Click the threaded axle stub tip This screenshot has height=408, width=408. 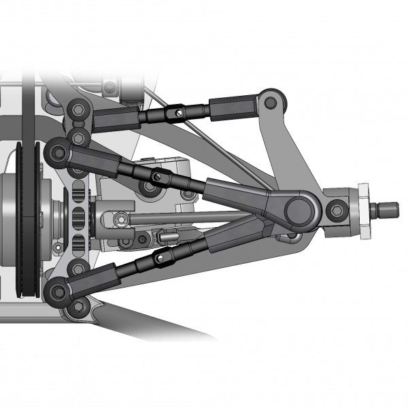390,205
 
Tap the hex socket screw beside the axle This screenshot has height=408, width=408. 335,210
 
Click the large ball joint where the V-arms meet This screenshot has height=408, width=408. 297,210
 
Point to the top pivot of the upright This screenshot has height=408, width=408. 271,102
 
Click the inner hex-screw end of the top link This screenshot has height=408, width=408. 80,109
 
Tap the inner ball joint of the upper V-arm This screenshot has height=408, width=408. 58,152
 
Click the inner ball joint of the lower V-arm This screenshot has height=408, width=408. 58,291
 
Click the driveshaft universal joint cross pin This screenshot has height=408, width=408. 120,218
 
